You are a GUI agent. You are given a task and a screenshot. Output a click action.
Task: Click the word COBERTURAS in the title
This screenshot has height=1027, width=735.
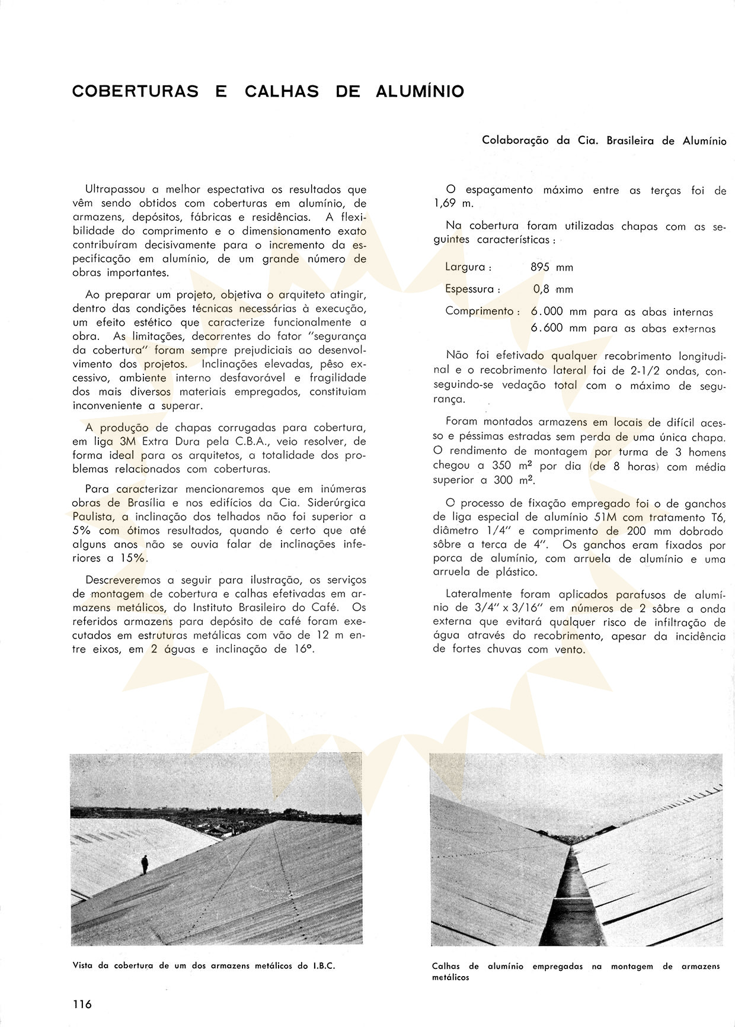pyautogui.click(x=135, y=92)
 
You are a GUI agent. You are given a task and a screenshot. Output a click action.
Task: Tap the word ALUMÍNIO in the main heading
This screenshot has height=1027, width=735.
pyautogui.click(x=420, y=92)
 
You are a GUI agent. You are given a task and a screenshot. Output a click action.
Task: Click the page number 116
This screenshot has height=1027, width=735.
pyautogui.click(x=82, y=1004)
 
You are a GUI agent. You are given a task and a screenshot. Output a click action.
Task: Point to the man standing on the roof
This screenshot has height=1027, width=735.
pyautogui.click(x=145, y=864)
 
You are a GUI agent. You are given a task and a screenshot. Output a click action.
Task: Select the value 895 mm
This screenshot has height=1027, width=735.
pyautogui.click(x=552, y=267)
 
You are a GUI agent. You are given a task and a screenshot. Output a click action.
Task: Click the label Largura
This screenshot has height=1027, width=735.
pyautogui.click(x=466, y=267)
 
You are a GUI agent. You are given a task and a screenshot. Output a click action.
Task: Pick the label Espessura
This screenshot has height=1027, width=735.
pyautogui.click(x=471, y=289)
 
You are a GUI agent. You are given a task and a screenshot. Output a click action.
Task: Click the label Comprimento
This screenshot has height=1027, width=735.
pyautogui.click(x=481, y=311)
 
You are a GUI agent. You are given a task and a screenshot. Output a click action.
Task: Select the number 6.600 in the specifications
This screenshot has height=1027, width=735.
pyautogui.click(x=547, y=328)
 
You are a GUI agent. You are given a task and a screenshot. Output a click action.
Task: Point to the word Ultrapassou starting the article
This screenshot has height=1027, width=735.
pyautogui.click(x=115, y=190)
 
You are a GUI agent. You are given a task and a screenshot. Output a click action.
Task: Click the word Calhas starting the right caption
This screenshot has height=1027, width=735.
pyautogui.click(x=446, y=966)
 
